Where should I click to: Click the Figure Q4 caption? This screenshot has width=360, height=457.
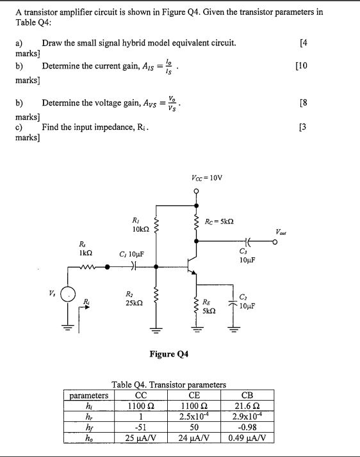coord(169,353)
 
